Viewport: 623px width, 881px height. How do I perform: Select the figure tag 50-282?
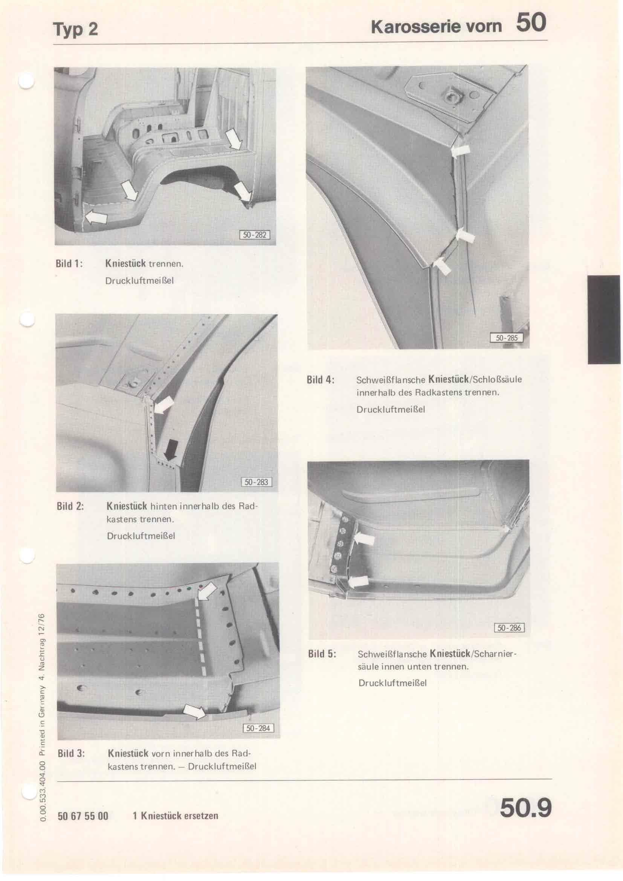[255, 234]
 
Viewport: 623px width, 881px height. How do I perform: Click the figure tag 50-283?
[256, 482]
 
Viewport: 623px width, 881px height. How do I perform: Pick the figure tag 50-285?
[506, 337]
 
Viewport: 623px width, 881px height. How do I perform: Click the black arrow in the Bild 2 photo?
[170, 449]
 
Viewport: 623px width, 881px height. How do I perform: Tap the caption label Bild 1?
[69, 264]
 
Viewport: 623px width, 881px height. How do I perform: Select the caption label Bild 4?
[321, 380]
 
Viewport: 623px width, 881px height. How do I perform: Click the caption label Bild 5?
[322, 654]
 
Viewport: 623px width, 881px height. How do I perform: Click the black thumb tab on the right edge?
[604, 319]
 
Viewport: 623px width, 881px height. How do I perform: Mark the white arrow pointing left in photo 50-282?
[96, 218]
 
